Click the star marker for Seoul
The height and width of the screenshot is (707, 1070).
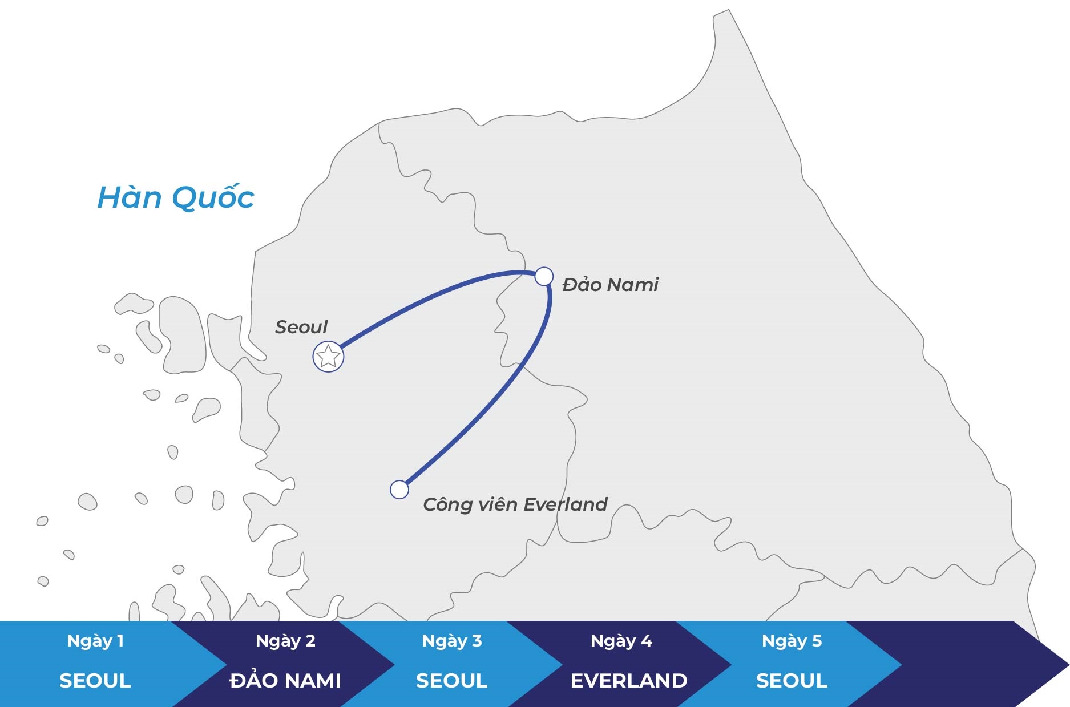[328, 357]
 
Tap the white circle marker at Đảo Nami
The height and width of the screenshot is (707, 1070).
[544, 276]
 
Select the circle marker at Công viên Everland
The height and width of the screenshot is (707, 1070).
[399, 490]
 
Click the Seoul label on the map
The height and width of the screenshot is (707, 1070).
[301, 327]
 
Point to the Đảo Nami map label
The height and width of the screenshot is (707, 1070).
[610, 284]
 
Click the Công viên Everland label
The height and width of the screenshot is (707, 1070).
[515, 504]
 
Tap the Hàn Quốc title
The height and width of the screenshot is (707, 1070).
[176, 197]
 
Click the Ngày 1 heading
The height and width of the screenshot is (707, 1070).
[95, 641]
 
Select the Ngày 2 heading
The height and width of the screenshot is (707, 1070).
[285, 641]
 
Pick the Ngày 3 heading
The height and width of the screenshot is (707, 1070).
[452, 641]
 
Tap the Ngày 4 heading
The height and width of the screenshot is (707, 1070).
[621, 641]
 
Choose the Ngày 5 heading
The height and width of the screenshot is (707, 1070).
[792, 641]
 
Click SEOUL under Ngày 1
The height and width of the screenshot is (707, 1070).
[95, 681]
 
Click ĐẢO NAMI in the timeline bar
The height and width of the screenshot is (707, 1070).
[285, 679]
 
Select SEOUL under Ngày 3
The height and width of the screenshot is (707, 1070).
[452, 681]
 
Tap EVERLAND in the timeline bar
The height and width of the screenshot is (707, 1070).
[629, 681]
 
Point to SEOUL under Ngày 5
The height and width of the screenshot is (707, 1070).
[792, 681]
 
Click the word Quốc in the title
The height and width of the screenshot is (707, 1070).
[213, 197]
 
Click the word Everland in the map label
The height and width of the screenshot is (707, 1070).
[566, 504]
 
